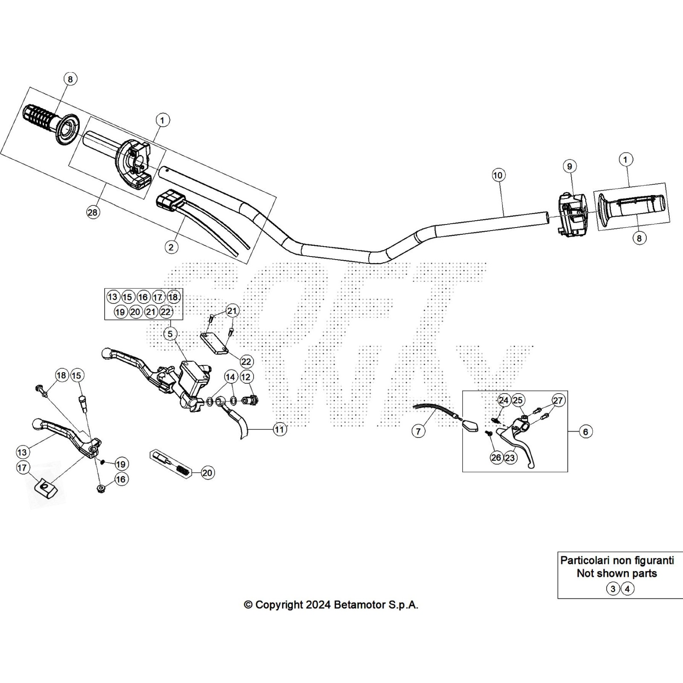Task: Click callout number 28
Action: pyautogui.click(x=93, y=212)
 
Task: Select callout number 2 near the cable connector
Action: pyautogui.click(x=171, y=247)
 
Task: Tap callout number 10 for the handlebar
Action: pyautogui.click(x=498, y=175)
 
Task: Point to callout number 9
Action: pyautogui.click(x=569, y=166)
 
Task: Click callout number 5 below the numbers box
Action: pyautogui.click(x=170, y=333)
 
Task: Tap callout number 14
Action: pyautogui.click(x=231, y=377)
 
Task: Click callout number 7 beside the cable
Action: pyautogui.click(x=418, y=432)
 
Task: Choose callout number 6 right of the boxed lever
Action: pyautogui.click(x=585, y=432)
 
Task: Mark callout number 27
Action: pyautogui.click(x=558, y=400)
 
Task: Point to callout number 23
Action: pyautogui.click(x=510, y=458)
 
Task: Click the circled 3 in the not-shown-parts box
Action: pyautogui.click(x=613, y=589)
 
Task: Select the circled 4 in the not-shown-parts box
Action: pyautogui.click(x=627, y=589)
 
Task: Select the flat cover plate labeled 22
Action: pyautogui.click(x=215, y=343)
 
